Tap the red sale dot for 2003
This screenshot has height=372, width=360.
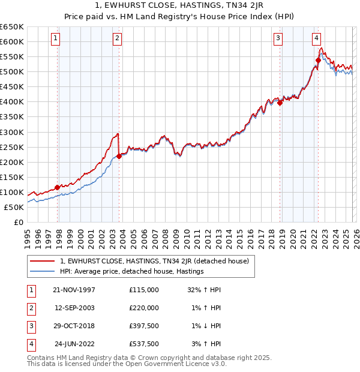pos(119,156)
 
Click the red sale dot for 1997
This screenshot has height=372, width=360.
pos(58,187)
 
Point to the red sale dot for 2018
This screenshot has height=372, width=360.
pos(280,103)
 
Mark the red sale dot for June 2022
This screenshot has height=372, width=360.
pos(318,60)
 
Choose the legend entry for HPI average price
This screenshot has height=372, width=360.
pos(132,271)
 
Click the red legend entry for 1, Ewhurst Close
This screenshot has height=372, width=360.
pos(158,261)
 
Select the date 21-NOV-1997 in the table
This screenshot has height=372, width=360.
pos(74,289)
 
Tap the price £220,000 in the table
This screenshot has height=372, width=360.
pos(144,308)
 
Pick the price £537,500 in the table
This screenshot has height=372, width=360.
pos(144,344)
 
